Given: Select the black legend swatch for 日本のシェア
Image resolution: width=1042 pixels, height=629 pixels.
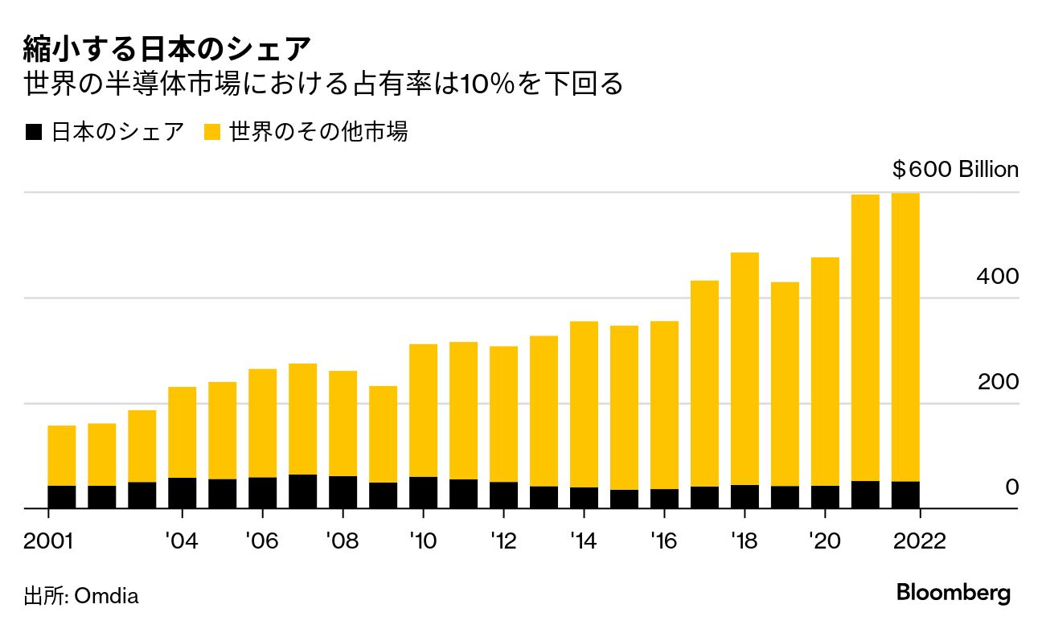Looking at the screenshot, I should [33, 132].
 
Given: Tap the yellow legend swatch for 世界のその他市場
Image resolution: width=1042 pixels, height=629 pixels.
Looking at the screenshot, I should [212, 132].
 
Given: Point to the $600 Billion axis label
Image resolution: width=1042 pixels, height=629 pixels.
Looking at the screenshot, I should [955, 170].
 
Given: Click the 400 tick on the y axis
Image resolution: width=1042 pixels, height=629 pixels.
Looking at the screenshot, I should [998, 276].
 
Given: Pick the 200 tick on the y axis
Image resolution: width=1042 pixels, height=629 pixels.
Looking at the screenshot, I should [998, 382].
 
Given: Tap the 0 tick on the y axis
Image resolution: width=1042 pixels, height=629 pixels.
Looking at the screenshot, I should [1011, 487].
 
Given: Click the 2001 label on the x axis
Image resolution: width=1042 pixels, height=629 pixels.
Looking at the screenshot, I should [49, 541].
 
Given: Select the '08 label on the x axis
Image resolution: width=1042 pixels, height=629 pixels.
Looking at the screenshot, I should [343, 541].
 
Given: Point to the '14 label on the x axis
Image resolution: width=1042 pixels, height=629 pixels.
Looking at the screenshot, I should [584, 541].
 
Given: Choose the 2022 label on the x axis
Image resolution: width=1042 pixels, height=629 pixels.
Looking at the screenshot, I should [920, 541].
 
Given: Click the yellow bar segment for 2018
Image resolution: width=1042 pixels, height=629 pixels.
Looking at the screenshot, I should [745, 368].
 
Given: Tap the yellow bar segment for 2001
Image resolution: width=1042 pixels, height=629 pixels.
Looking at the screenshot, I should [62, 455].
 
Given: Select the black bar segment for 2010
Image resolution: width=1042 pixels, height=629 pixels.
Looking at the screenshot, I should [423, 492].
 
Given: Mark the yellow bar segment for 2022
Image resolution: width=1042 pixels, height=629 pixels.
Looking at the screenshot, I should [905, 337].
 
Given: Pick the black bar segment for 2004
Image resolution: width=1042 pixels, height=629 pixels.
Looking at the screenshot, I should [183, 493].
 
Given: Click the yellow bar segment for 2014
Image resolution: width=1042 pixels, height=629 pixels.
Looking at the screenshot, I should [584, 404].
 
